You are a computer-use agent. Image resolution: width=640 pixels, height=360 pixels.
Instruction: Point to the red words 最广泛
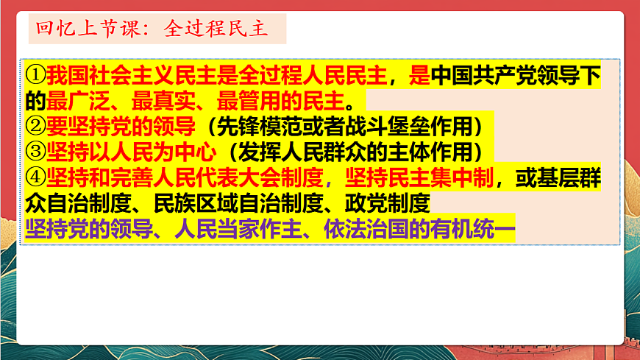(82, 100)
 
